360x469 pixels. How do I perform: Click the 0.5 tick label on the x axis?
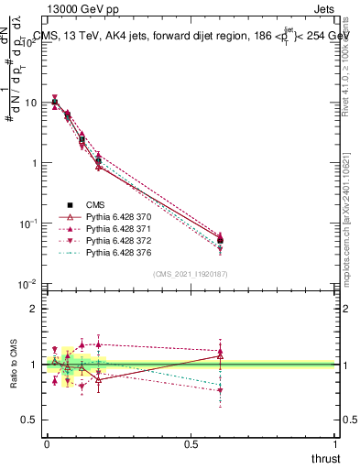pos(191,442)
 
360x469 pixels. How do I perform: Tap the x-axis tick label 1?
pos(336,442)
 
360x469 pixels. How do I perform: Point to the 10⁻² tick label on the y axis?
pos(27,283)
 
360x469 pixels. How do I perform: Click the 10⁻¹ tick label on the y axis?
pos(27,223)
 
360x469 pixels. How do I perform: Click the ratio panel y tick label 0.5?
pos(29,420)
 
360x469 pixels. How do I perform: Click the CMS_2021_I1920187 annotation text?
pos(190,274)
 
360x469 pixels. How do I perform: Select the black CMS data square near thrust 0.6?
pos(221,240)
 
